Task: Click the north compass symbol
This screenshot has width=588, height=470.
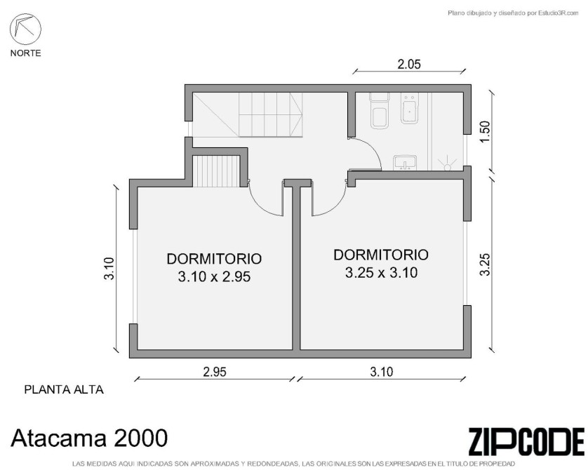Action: pos(25,29)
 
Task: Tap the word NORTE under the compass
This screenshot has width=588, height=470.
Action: pos(25,53)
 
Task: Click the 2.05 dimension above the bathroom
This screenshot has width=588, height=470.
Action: pos(409,65)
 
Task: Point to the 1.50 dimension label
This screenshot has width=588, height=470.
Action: pos(485,132)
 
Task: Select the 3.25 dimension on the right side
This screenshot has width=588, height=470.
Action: pos(485,264)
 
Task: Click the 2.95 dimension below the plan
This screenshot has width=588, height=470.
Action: pos(215,372)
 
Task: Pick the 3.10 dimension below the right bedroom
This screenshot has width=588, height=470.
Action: pos(382,372)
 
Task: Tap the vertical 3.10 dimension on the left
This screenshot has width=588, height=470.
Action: pos(109,269)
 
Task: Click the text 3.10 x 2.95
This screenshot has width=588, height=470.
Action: pos(214,277)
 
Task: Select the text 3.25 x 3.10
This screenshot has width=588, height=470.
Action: pos(381,272)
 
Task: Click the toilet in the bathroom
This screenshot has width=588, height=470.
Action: pos(379,111)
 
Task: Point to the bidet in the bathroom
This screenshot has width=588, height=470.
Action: pos(410,109)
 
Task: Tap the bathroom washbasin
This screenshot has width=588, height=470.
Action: pos(405,163)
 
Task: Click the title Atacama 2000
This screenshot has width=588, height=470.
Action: pos(89,438)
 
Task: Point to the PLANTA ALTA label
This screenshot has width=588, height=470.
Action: pos(64,390)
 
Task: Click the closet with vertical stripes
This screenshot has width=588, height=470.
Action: pos(216,171)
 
